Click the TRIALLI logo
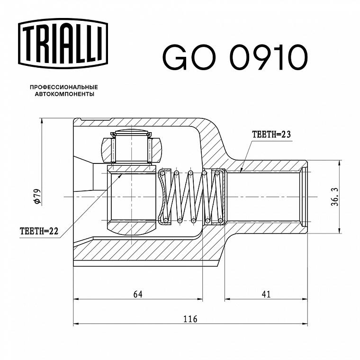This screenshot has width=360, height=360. (63, 44)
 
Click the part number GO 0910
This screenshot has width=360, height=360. (235, 57)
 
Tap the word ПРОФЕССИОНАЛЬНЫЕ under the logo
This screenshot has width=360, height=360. (64, 87)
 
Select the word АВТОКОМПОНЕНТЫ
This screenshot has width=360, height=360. (64, 94)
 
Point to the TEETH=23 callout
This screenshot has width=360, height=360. (271, 135)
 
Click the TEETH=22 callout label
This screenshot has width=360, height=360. (39, 231)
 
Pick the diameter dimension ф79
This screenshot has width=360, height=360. (37, 196)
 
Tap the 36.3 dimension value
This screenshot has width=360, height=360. (335, 197)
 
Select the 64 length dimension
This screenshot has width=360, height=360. (138, 294)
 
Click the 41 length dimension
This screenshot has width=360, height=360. (266, 294)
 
